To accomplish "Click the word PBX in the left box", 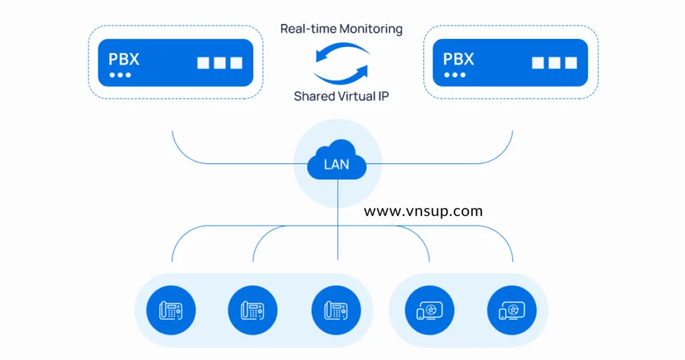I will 124,59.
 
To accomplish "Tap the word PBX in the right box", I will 458,59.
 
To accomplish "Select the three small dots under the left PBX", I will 120,75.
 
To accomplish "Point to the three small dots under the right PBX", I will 455,75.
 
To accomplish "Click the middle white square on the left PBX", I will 219,63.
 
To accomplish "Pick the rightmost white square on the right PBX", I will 571,63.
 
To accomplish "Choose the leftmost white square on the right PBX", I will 538,63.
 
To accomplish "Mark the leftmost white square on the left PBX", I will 203,63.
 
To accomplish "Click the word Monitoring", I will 371,29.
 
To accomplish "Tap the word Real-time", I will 308,29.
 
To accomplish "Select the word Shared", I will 315,96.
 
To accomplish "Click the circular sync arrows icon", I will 341,62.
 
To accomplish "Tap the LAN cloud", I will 337,162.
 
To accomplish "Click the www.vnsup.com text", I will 423,211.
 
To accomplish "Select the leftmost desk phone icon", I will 171,310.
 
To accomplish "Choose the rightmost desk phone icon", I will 336,310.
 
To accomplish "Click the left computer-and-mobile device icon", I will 429,310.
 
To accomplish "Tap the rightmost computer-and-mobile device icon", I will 512,310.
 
